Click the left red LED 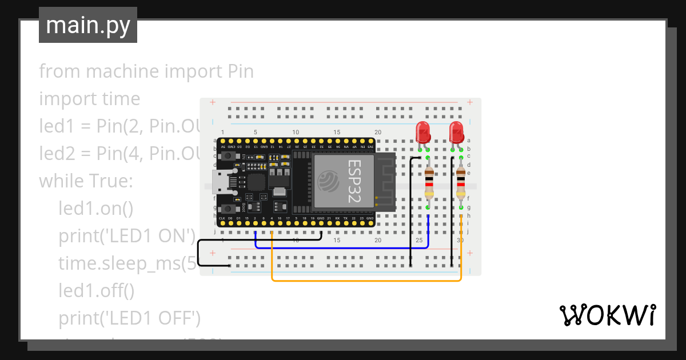[x=423, y=132]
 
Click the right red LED [x=456, y=132]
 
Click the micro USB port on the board [x=220, y=181]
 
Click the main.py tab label [x=87, y=25]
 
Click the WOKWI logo [x=607, y=315]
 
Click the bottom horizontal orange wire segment [x=366, y=281]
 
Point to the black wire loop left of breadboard [x=199, y=254]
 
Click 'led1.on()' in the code [x=95, y=209]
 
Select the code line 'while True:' [x=86, y=181]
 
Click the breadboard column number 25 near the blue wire [x=419, y=241]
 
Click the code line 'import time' [x=89, y=99]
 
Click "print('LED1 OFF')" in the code [x=129, y=318]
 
